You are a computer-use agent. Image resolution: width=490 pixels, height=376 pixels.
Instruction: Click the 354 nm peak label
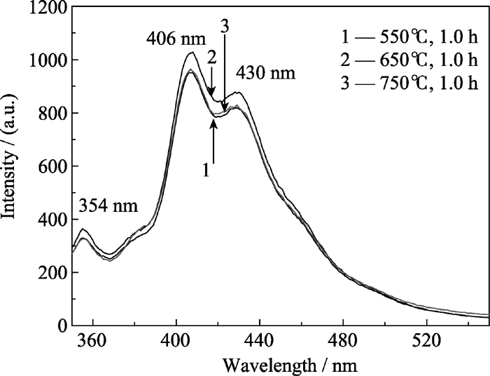[x=108, y=207]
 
